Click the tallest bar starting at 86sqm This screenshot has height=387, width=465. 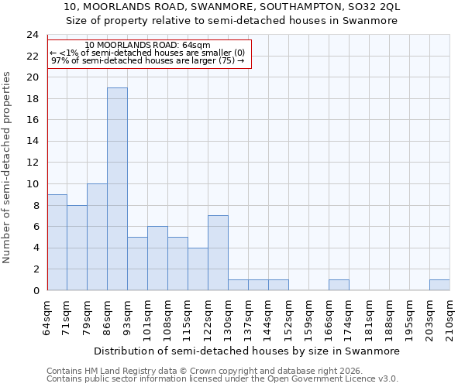[117, 189]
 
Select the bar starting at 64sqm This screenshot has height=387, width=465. [57, 242]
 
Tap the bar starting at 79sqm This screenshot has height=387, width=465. [97, 237]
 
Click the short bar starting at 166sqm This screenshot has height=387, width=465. [339, 285]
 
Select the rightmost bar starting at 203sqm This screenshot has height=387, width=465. [439, 285]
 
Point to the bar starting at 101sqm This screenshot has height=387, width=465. [157, 259]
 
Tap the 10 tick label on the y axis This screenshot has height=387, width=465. [33, 184]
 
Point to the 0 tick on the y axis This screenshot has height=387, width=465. [36, 290]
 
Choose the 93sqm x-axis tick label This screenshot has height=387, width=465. [127, 317]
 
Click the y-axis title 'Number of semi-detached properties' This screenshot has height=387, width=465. [8, 167]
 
